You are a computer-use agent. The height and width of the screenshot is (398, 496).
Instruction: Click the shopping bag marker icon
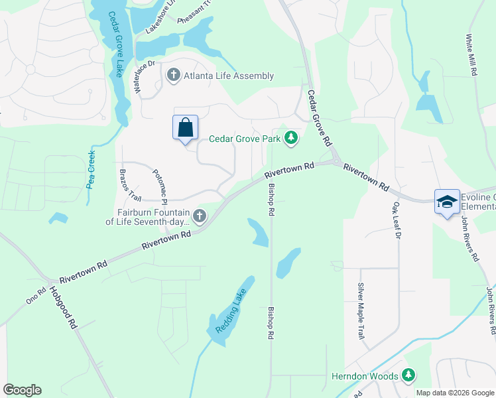tap(186, 127)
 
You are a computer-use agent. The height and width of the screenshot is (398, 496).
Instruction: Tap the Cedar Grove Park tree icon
tap(290, 138)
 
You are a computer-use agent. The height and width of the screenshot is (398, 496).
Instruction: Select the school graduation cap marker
tap(447, 201)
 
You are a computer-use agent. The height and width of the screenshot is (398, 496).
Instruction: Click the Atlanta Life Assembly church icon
tap(173, 75)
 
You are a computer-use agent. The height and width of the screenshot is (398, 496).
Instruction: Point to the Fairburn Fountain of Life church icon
tap(199, 215)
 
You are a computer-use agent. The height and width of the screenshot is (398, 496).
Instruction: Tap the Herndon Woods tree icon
tap(408, 376)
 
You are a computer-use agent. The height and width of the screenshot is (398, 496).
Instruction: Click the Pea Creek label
tap(92, 168)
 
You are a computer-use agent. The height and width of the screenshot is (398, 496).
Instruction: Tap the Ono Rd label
tap(36, 295)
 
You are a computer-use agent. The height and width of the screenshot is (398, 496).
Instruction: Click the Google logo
tap(22, 390)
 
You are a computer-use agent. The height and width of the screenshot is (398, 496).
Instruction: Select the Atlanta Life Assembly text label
tap(229, 76)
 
